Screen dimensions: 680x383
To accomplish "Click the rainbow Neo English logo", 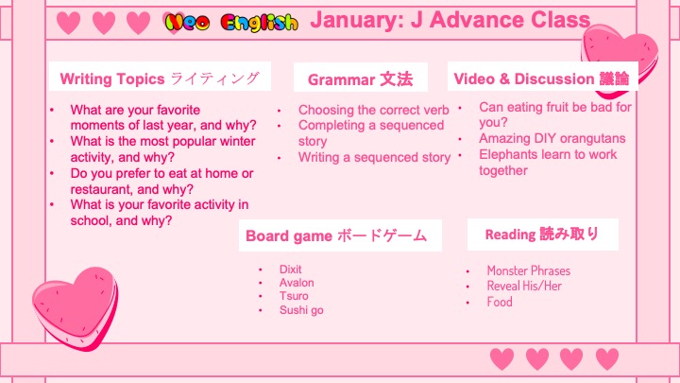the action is coord(231,22).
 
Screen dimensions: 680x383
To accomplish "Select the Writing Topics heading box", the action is coord(160,77).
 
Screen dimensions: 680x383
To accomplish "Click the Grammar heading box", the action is coord(361,78).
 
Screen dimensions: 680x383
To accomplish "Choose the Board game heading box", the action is coord(340,235).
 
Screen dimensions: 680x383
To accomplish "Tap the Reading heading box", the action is coord(542,235).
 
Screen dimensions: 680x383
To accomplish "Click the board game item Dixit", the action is coord(290,270).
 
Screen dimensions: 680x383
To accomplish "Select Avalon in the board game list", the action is coord(297,283).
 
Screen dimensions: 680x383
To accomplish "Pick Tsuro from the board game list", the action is coord(294,296).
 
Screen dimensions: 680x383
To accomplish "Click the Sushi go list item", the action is coord(301,310).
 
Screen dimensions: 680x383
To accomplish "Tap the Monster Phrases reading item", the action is coord(529,270).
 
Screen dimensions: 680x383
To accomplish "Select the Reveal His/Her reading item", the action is coord(524,286).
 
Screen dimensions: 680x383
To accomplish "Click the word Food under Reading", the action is coord(500,302).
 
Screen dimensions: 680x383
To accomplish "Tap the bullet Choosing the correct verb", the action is coord(373,110).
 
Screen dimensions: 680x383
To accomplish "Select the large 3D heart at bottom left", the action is coord(75,308).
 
